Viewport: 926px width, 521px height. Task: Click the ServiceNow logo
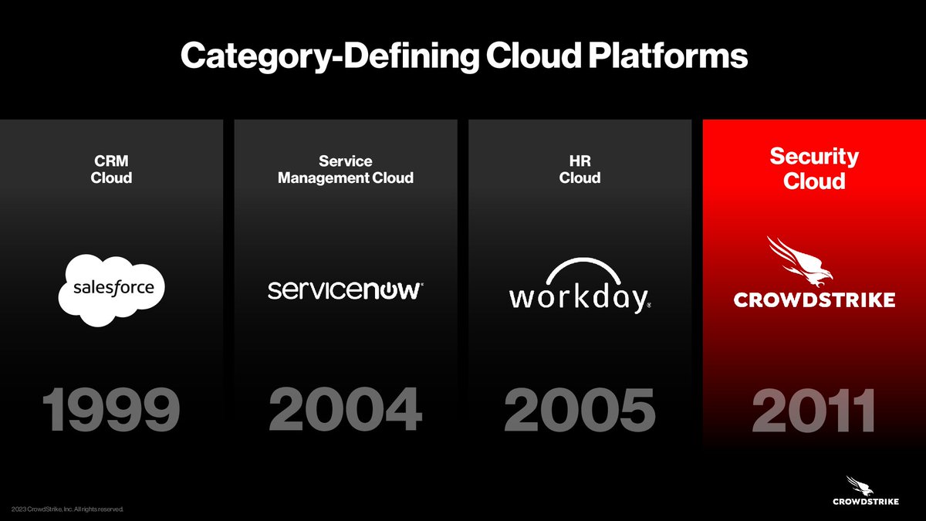345,290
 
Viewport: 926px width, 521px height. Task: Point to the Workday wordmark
579,298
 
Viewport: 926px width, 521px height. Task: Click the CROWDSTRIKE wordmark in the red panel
814,299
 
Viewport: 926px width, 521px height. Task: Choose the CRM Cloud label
112,170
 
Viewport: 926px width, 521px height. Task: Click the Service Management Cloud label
345,170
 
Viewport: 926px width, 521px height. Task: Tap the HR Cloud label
580,170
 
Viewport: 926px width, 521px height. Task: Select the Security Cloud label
814,168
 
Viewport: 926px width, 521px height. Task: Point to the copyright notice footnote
68,509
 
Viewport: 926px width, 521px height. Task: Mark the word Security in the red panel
814,157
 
